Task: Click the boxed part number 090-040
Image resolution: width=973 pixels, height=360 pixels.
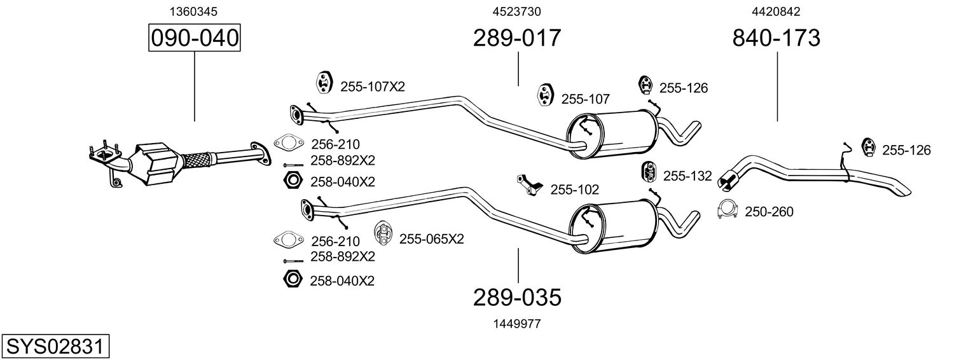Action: (x=194, y=38)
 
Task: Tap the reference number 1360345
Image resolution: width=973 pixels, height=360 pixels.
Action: (x=194, y=11)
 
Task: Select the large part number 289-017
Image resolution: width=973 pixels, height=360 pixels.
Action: (x=517, y=38)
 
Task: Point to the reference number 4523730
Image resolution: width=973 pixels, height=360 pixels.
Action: (x=517, y=11)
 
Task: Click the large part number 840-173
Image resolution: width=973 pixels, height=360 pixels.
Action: (x=776, y=38)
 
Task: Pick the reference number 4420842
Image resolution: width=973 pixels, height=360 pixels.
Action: (x=776, y=11)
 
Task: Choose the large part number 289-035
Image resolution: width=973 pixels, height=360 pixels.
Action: (x=518, y=297)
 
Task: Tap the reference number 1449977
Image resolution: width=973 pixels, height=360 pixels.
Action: (x=518, y=324)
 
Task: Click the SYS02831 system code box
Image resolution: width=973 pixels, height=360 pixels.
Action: (x=55, y=347)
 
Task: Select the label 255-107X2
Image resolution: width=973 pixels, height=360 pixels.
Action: (x=373, y=87)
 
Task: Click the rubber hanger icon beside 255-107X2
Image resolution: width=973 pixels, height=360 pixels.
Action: (x=324, y=83)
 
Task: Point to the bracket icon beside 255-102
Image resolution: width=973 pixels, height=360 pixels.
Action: (x=529, y=185)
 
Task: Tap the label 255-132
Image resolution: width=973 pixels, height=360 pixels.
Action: (x=687, y=176)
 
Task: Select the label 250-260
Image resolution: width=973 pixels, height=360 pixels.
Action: (x=769, y=212)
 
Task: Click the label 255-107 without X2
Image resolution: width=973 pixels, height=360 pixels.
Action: (x=585, y=99)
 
